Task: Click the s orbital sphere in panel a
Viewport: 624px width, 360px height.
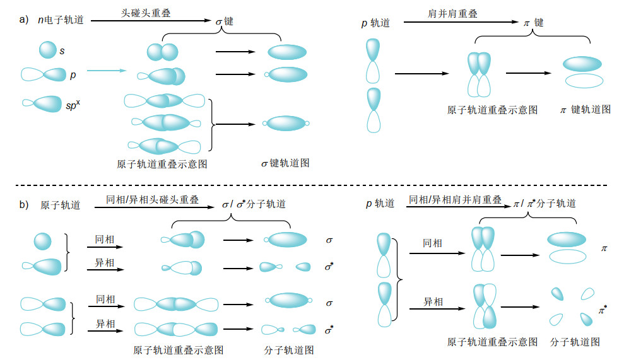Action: point(48,50)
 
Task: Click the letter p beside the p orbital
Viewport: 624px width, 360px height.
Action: point(73,75)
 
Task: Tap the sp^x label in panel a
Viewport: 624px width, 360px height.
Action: point(73,105)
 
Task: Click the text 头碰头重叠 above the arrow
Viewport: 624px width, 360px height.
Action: point(146,13)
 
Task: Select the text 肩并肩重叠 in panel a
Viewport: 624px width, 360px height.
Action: point(452,13)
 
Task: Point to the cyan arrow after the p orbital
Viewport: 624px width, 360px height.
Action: point(106,71)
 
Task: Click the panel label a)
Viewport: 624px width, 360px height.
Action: point(24,20)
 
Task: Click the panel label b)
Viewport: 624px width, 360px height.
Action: point(24,204)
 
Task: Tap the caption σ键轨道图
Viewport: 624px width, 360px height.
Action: point(285,163)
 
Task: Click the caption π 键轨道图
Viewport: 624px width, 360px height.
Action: point(585,110)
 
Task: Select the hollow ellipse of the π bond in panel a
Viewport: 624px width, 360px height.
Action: point(584,81)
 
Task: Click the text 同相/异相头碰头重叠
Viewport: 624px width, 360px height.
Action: point(153,200)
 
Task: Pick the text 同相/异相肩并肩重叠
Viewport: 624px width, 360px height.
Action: point(456,200)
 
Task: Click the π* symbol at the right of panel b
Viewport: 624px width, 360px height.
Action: point(603,310)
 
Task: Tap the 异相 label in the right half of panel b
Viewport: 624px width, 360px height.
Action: point(433,302)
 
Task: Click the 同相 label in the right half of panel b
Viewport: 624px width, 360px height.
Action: point(432,243)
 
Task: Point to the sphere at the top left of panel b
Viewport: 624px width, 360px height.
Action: point(42,241)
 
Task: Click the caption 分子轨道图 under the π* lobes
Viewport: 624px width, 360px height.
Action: point(575,342)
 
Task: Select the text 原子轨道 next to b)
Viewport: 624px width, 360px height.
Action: point(60,205)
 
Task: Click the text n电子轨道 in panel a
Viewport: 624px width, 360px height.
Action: point(61,20)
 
